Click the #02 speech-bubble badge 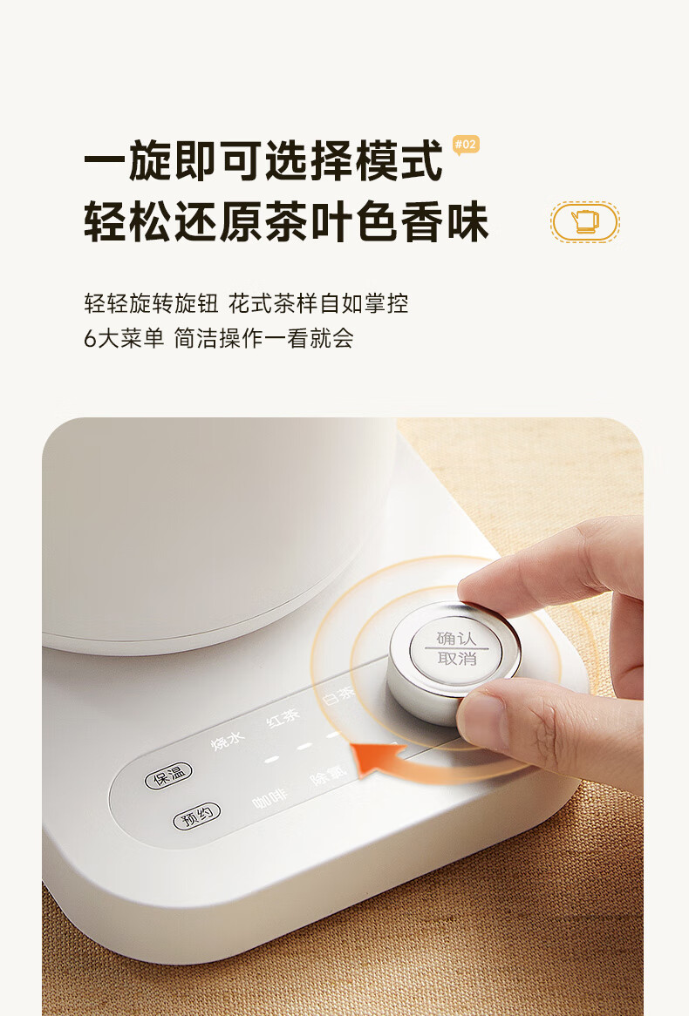466,145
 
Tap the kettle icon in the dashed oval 585,222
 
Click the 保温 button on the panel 168,775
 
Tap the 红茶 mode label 283,716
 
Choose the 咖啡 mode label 269,798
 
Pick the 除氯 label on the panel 328,774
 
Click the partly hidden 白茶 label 338,696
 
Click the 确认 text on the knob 457,638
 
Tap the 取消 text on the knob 457,659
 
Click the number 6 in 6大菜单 90,338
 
